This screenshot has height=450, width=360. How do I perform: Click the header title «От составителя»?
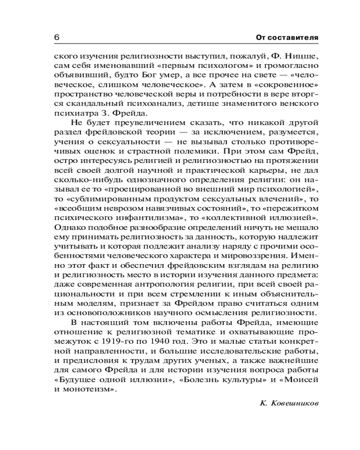(287, 37)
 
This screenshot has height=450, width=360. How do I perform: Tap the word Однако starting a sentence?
(67, 233)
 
